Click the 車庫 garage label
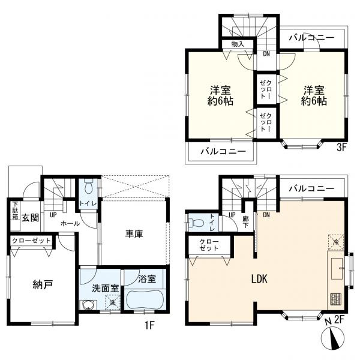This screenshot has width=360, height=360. coord(134,235)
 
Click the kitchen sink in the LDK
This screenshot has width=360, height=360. coord(335,264)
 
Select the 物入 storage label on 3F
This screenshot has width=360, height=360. coord(238,44)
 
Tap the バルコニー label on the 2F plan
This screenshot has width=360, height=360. coord(311,188)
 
